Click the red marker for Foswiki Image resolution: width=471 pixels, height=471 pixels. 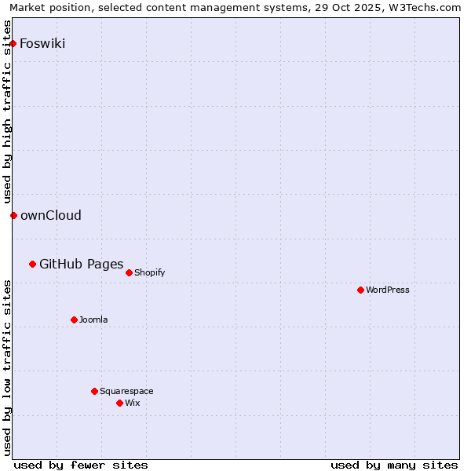point(13,43)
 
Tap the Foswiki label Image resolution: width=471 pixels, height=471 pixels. point(42,43)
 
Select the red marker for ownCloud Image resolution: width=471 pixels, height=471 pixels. point(13,215)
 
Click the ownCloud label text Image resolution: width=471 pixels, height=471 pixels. point(50,216)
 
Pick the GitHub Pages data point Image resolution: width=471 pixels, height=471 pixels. point(32,264)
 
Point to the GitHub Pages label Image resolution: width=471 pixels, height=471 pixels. point(81,264)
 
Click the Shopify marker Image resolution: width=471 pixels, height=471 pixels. point(129,272)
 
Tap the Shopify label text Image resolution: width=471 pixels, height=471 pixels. point(149,273)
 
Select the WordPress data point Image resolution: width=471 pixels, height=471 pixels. point(360,290)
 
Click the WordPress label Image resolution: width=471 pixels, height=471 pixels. point(387,290)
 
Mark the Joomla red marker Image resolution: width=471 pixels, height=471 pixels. point(74,319)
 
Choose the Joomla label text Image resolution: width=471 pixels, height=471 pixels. point(93,320)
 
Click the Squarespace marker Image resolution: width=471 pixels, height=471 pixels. point(94,391)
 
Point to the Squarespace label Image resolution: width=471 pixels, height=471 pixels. point(126,392)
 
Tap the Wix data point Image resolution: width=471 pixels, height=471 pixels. point(119,403)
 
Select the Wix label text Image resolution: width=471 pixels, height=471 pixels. point(133,403)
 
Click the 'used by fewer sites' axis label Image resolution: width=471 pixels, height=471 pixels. point(81,465)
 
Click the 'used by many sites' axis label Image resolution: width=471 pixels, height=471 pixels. point(394,465)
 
